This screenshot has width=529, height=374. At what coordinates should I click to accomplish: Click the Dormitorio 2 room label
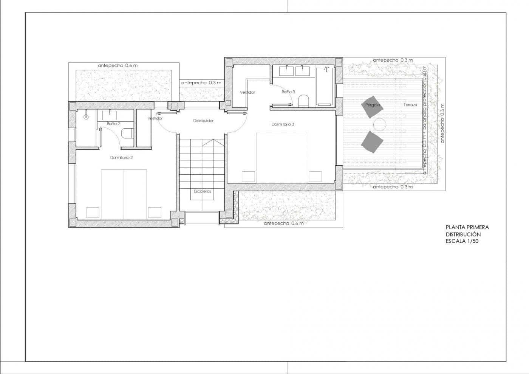[121, 158]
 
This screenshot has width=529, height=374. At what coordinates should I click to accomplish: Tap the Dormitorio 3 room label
[283, 124]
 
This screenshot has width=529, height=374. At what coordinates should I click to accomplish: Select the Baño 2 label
[113, 124]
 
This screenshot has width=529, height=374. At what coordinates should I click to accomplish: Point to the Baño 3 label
[288, 92]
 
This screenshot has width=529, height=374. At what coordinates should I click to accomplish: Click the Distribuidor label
[203, 121]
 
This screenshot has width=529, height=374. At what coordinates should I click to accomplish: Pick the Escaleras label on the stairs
[203, 191]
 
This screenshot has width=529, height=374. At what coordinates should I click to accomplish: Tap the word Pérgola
[372, 105]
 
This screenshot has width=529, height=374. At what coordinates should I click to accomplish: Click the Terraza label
[410, 105]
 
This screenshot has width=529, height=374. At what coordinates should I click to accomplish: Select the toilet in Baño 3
[303, 101]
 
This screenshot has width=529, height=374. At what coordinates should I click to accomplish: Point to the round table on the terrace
[379, 124]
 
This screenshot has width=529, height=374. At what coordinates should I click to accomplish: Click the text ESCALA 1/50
[462, 241]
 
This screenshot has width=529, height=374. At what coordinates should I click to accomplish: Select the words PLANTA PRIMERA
[467, 227]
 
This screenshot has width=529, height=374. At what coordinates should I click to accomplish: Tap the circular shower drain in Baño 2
[86, 117]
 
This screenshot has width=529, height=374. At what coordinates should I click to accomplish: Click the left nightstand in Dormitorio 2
[93, 213]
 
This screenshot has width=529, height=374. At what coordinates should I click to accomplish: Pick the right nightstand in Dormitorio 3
[315, 177]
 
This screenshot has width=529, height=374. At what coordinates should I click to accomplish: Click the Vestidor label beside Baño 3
[247, 92]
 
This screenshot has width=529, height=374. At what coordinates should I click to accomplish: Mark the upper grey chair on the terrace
[372, 107]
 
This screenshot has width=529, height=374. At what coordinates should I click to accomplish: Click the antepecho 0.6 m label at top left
[118, 65]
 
